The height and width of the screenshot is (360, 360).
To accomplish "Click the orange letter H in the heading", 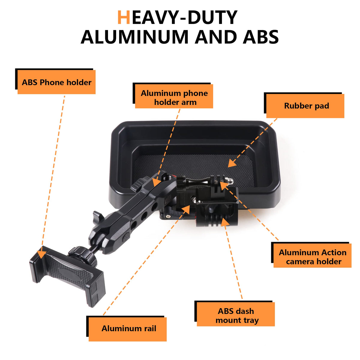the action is coord(124,17).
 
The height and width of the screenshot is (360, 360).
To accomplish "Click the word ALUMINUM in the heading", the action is coord(134,37).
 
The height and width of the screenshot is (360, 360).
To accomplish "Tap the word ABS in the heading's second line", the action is coord(261,37).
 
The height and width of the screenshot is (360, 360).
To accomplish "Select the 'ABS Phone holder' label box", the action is coord(56,82).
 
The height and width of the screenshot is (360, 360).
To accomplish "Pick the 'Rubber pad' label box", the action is coord(305,106).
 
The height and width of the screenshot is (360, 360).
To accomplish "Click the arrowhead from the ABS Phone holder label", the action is coord(41,250).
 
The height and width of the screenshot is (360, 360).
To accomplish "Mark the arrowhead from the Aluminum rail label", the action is coord(186,210).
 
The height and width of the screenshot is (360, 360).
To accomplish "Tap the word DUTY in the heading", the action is coord(213,17).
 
